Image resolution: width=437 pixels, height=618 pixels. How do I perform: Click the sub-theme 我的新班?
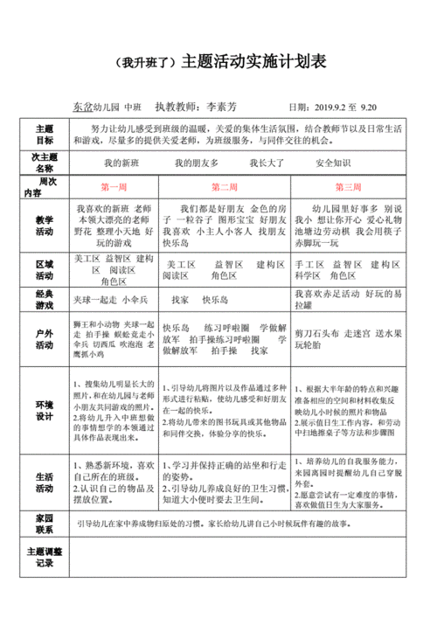[x=121, y=163]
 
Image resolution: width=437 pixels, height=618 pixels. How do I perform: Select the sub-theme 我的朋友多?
[x=196, y=163]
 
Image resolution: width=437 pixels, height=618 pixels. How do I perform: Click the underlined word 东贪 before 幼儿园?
[x=81, y=107]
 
